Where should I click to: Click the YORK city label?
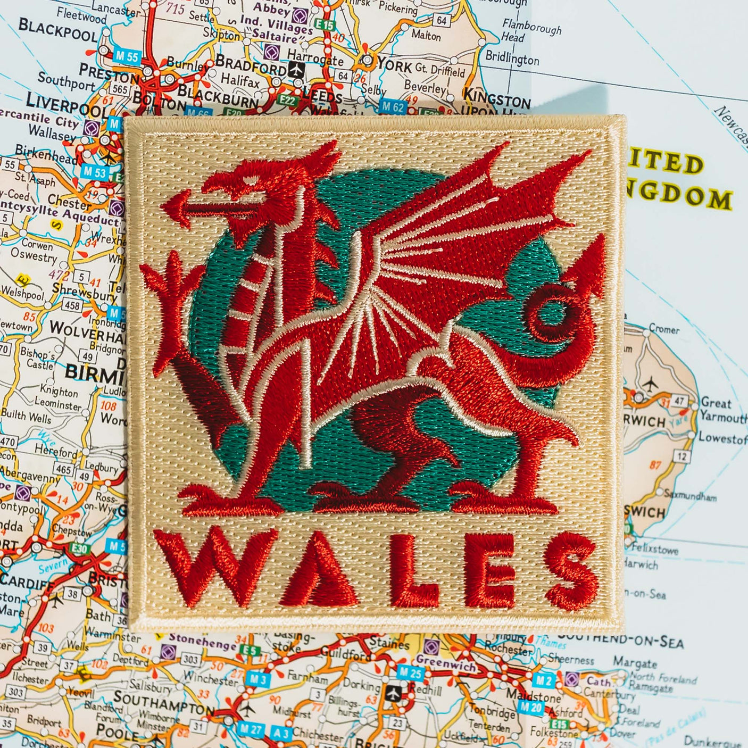[394, 65]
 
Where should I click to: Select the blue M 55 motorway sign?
[126, 57]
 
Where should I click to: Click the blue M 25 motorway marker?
[410, 673]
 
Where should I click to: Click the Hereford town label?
[56, 451]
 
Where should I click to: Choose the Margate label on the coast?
[634, 663]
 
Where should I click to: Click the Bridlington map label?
[512, 58]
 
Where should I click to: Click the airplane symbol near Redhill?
[393, 693]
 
